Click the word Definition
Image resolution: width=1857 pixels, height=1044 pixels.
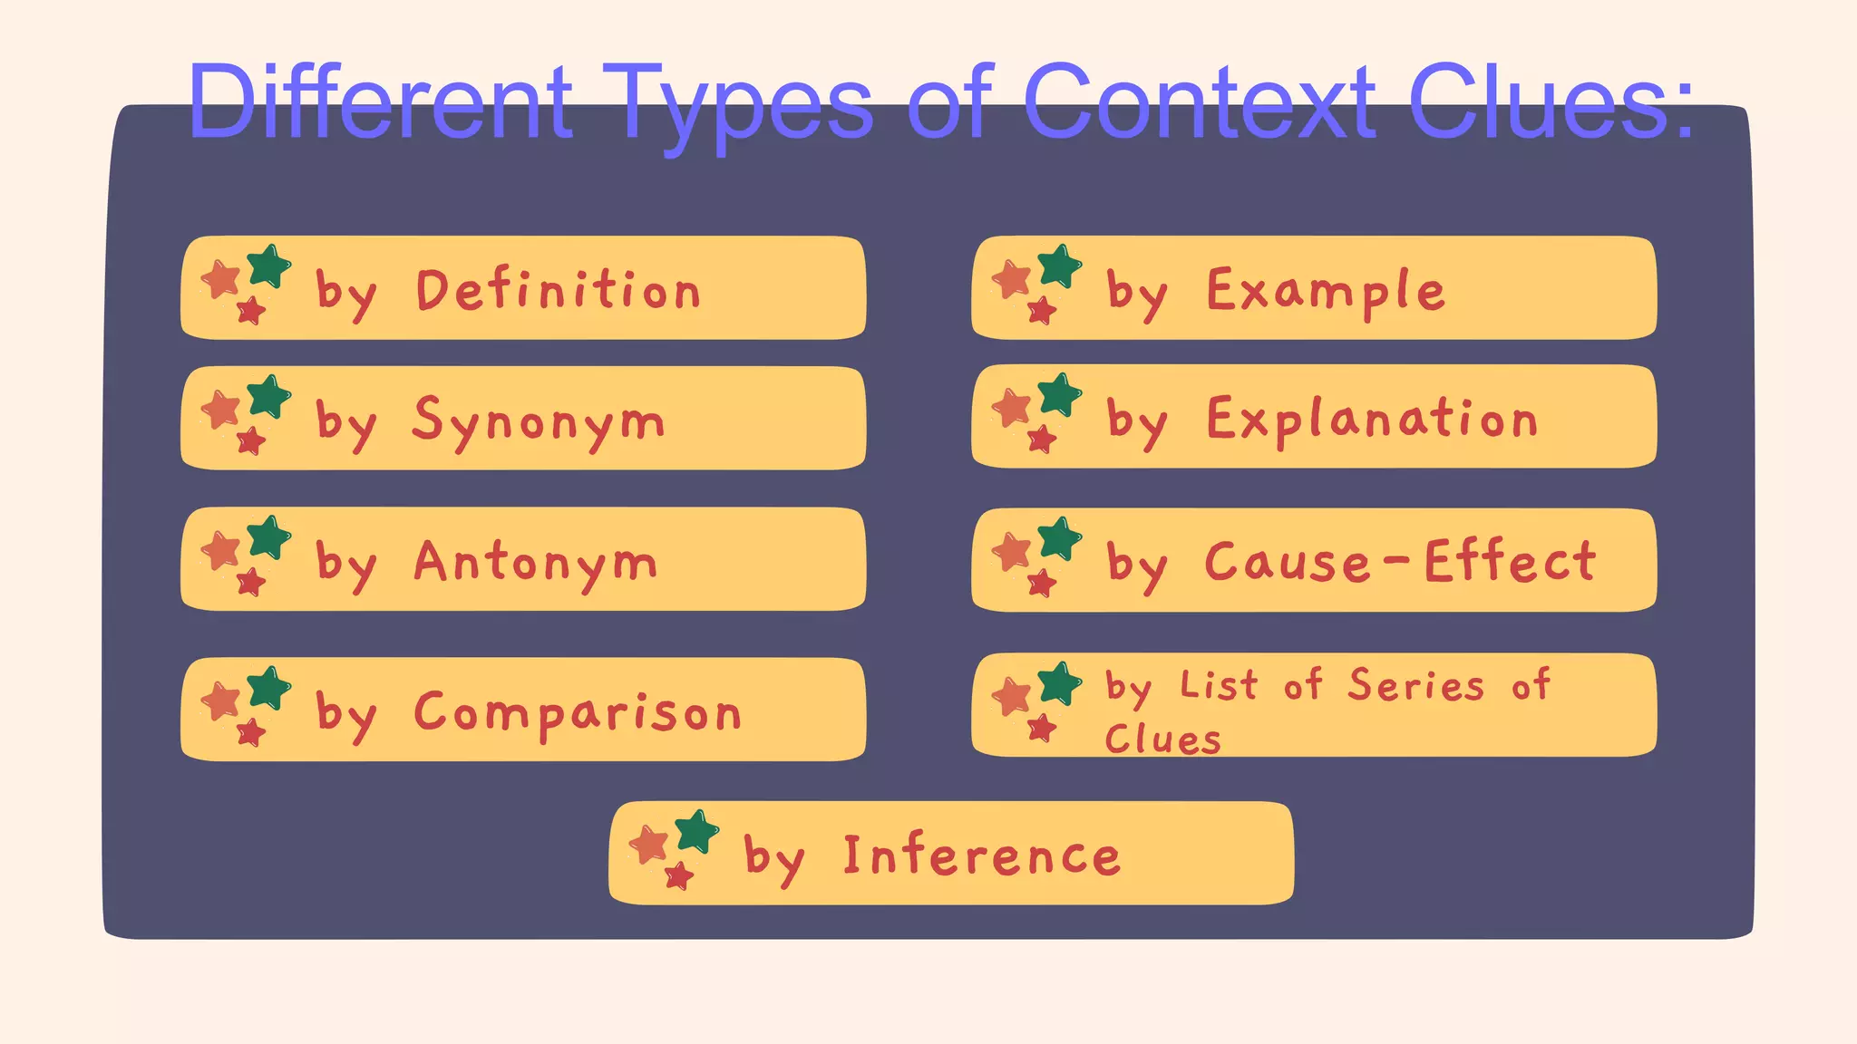pos(558,290)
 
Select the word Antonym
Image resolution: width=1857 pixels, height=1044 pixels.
pos(535,563)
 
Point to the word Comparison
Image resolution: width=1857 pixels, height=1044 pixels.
pos(578,712)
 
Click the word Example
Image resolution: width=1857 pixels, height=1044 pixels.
pos(1325,292)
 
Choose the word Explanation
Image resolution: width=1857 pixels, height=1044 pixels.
pos(1372,420)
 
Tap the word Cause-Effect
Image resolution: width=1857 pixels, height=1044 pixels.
pos(1400,562)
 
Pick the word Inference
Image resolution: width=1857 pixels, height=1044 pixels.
pos(982,855)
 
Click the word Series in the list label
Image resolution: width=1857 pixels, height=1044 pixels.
pos(1415,685)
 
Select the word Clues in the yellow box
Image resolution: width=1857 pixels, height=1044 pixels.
pos(1162,739)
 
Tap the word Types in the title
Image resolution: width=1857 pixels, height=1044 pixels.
pos(738,105)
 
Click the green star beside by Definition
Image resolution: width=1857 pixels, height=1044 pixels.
pos(269,266)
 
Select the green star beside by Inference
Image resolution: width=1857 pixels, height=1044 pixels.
pos(697,831)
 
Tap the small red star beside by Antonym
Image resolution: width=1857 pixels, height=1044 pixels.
pos(250,582)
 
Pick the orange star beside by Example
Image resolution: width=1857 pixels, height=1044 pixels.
pos(1012,279)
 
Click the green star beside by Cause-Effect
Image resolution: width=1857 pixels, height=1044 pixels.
pos(1060,538)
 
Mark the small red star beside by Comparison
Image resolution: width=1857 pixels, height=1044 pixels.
pos(250,732)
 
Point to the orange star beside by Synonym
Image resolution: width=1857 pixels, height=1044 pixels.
pos(220,410)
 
